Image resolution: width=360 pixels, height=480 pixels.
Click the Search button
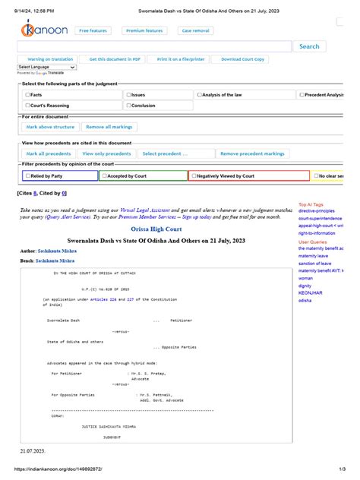[x=309, y=46]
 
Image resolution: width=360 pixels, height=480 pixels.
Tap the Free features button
[x=93, y=30]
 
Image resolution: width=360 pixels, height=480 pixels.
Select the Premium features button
[x=144, y=30]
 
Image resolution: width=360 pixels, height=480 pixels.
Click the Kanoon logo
[x=43, y=31]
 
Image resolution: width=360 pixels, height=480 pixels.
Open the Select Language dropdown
[x=46, y=67]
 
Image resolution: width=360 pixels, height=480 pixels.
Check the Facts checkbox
[x=28, y=95]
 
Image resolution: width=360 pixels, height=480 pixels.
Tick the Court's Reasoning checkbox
[x=28, y=106]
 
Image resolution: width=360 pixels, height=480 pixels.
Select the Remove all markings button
[x=109, y=127]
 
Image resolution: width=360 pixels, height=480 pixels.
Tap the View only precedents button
[x=106, y=153]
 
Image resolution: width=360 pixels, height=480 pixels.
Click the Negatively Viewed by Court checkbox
[x=194, y=175]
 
